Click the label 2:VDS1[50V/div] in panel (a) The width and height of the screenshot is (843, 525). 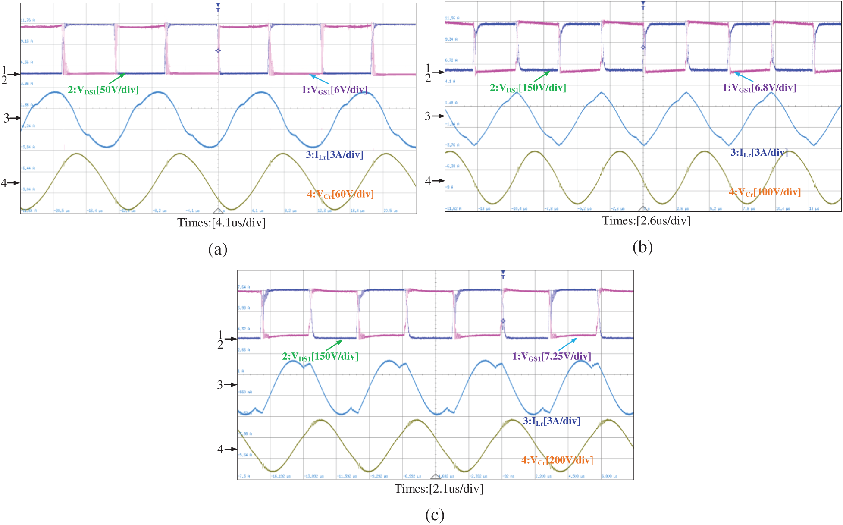(x=103, y=90)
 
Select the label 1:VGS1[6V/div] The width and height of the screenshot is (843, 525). (x=334, y=90)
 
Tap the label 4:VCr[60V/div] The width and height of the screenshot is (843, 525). (x=340, y=194)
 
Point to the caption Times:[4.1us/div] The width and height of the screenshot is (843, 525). (x=221, y=223)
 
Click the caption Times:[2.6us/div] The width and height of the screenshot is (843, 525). (x=646, y=221)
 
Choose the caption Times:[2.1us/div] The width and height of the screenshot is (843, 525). (x=439, y=489)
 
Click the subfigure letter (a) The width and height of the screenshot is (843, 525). (x=217, y=249)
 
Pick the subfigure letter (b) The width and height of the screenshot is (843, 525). (x=642, y=247)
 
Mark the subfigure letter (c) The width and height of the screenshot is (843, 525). (x=434, y=515)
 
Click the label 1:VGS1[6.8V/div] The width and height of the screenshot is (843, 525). (x=759, y=88)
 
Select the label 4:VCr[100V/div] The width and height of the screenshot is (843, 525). (x=765, y=192)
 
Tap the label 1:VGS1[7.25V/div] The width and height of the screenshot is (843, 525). (x=551, y=356)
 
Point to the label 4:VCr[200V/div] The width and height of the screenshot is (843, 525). (x=557, y=460)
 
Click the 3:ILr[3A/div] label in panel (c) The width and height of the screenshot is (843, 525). (x=551, y=421)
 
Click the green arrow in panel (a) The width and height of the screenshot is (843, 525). (x=116, y=79)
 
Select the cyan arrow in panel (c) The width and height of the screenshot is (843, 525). (x=567, y=344)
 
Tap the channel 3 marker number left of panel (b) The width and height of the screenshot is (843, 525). (x=427, y=116)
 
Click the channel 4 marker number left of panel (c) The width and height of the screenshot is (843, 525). (x=220, y=449)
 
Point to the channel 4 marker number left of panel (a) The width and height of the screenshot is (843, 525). (x=3, y=183)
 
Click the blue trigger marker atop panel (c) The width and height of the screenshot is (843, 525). (x=503, y=274)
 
